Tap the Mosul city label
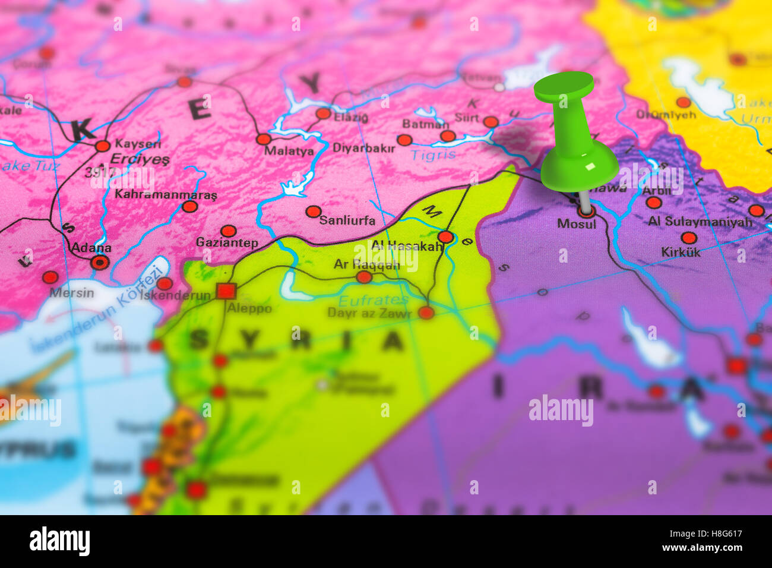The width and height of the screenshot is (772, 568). tap(576, 224)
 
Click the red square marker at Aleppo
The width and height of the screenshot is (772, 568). tap(226, 291)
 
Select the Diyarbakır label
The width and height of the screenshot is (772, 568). tap(363, 148)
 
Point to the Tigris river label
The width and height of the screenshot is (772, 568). tap(434, 155)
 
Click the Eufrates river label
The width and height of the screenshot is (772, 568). tap(373, 300)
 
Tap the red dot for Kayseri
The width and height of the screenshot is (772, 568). tap(103, 146)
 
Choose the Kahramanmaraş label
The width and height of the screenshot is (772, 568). tap(166, 194)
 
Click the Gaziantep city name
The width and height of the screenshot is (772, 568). tap(227, 243)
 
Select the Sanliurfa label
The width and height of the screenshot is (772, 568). tap(347, 220)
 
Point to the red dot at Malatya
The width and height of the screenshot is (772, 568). tap(263, 139)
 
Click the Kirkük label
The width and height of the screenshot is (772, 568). tap(681, 252)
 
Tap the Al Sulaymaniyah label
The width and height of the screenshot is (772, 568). tap(700, 222)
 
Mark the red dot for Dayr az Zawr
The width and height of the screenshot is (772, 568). tap(426, 313)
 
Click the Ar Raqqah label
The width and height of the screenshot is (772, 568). tap(366, 264)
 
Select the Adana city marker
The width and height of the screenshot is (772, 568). tap(100, 262)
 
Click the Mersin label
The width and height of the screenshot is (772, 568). tap(71, 292)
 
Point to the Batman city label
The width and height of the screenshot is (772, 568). tap(425, 124)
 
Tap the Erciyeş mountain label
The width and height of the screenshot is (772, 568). tap(140, 159)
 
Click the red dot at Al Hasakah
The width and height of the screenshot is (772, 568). tap(446, 237)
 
